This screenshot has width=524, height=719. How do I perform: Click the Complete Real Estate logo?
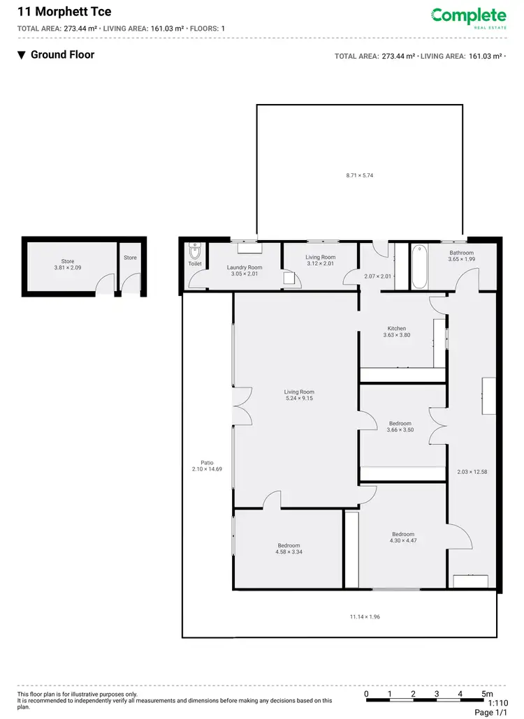468,17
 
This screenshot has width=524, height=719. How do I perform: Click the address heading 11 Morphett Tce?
54,12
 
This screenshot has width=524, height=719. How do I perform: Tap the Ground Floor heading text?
62,54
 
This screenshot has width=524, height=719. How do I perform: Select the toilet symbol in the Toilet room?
195,250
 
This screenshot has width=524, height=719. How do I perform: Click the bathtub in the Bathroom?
419,266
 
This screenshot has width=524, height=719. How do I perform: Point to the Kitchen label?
397,328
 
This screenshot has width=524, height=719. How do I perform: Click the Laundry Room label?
245,267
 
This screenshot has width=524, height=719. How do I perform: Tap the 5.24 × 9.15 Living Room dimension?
299,399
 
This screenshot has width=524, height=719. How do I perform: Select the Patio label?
207,462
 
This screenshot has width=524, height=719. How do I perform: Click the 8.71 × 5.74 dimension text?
360,175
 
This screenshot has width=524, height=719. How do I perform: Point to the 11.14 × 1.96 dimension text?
364,616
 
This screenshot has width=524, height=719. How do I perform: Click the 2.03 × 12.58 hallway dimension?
472,472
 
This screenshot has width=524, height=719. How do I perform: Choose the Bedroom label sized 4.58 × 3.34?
289,545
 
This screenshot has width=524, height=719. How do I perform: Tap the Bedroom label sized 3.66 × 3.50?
400,423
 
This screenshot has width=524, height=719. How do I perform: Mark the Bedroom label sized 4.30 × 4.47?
403,534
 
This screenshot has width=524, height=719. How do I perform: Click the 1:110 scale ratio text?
498,704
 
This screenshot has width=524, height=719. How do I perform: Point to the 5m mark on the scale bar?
486,694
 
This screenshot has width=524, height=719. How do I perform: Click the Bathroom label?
461,253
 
